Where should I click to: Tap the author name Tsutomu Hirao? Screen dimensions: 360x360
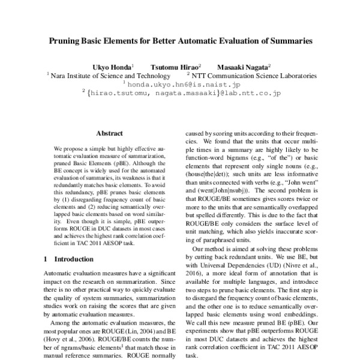[x=175, y=67]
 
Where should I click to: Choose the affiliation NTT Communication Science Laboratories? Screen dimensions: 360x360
[x=253, y=76]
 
